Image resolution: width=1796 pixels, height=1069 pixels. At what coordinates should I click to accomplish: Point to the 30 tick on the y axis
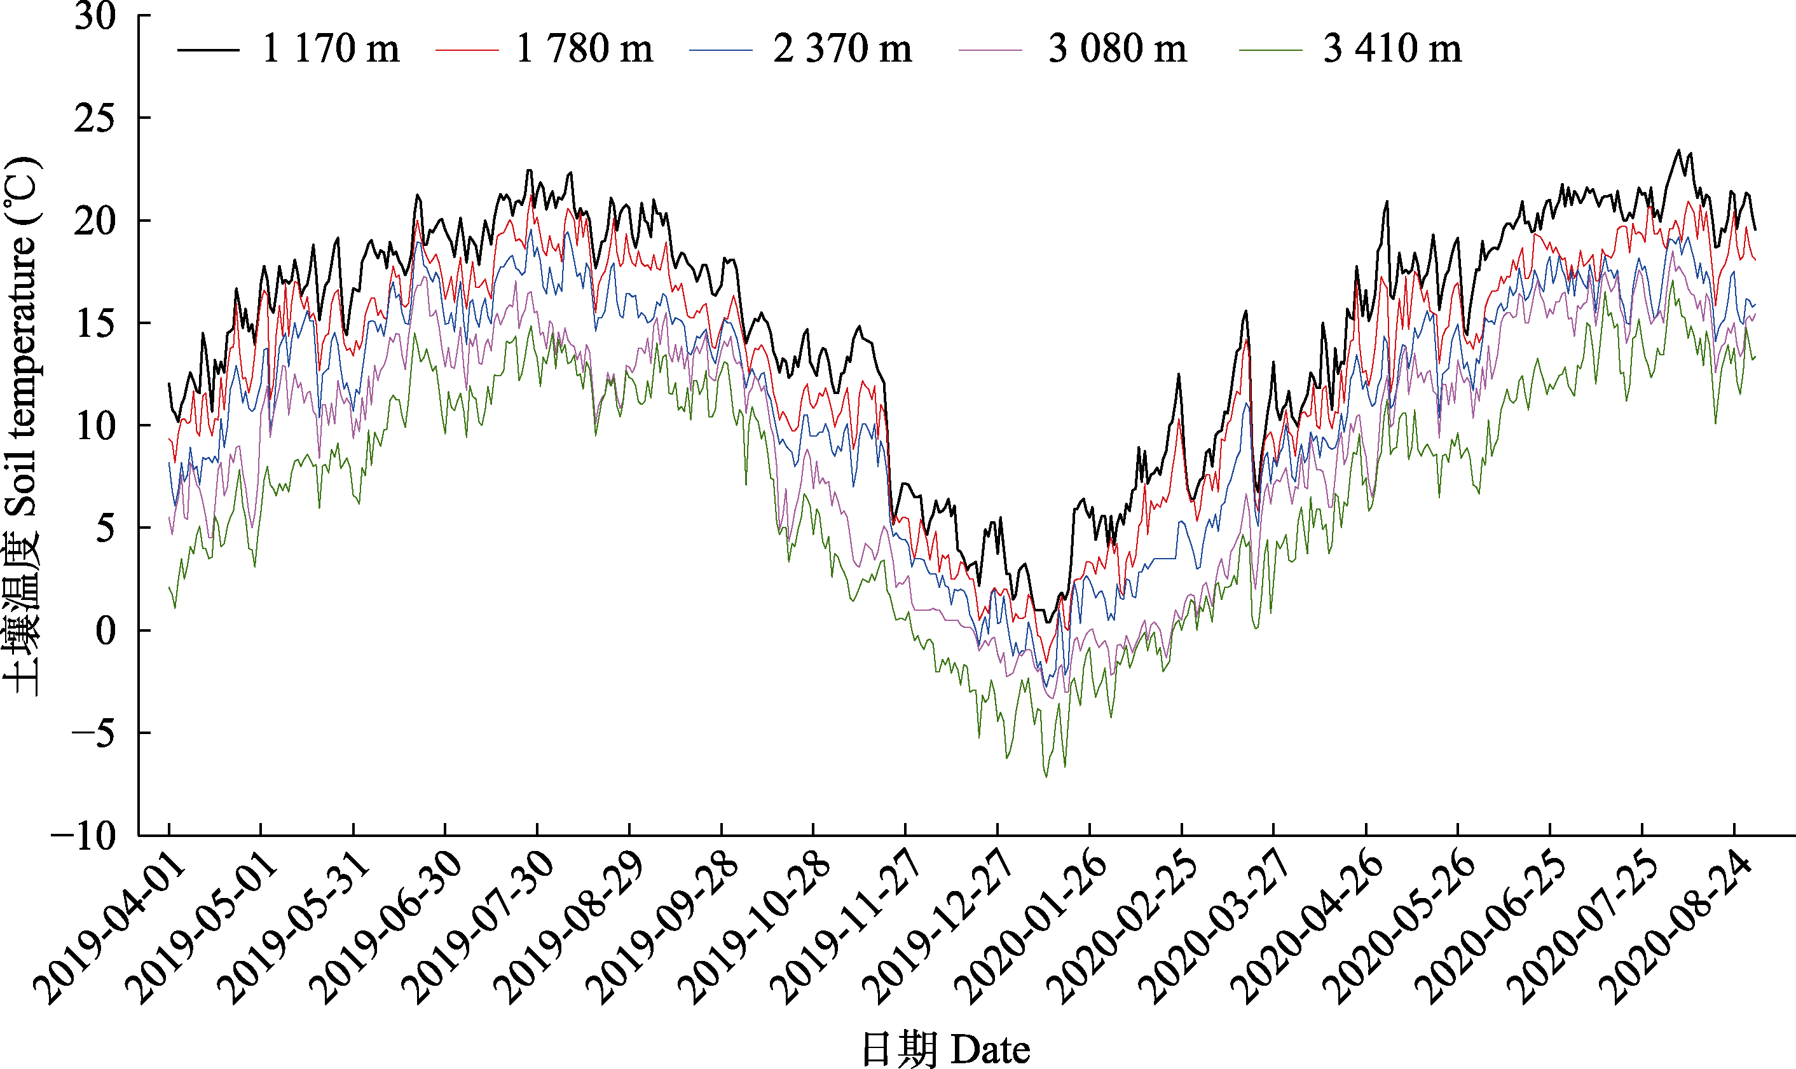[95, 16]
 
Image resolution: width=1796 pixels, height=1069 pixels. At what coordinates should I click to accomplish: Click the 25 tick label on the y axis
[95, 118]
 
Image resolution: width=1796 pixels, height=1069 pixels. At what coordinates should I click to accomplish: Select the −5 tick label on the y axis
[93, 734]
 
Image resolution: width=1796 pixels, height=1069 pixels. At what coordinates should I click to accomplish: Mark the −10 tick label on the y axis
[85, 836]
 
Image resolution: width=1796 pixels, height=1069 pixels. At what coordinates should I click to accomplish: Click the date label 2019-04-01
[108, 929]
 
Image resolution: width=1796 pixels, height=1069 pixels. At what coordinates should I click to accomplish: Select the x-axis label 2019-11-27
[844, 929]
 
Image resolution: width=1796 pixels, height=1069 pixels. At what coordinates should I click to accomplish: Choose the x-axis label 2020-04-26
[1305, 929]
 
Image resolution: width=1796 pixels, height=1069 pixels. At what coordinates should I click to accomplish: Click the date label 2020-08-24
[1674, 929]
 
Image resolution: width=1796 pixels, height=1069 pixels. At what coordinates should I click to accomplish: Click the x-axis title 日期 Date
[945, 1049]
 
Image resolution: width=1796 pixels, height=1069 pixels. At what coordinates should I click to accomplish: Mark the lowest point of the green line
[1046, 777]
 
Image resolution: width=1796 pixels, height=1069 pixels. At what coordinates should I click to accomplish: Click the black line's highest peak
[1678, 151]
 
